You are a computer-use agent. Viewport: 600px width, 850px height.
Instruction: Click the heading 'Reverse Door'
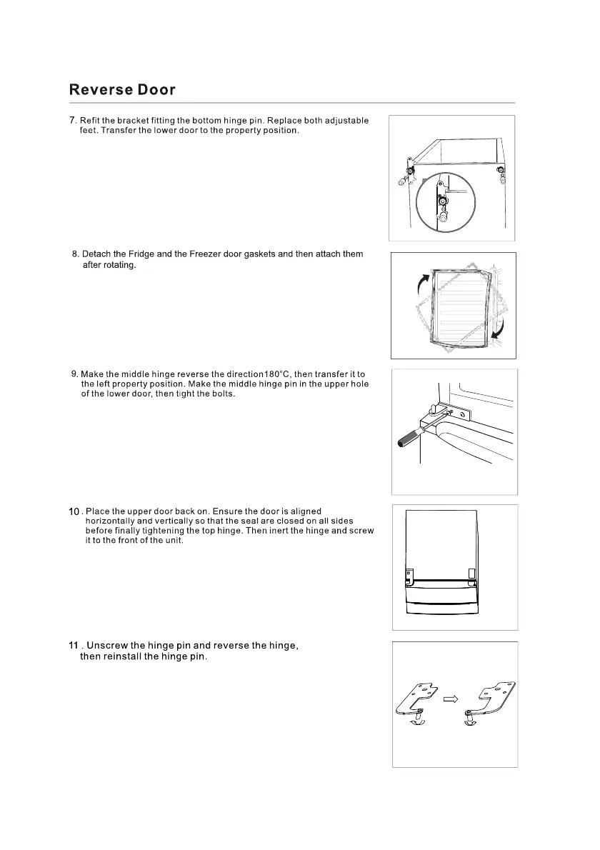[122, 90]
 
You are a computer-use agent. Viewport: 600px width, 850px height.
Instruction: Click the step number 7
[72, 119]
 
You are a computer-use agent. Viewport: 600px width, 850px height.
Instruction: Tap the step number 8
[75, 254]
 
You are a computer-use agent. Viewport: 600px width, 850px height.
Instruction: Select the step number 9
[74, 374]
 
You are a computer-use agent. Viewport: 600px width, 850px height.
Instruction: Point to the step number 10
[74, 512]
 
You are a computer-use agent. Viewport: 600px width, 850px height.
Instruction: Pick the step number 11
[73, 646]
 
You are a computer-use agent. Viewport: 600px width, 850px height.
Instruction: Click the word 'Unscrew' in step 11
[107, 646]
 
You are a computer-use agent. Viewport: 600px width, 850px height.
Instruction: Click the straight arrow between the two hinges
[450, 700]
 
